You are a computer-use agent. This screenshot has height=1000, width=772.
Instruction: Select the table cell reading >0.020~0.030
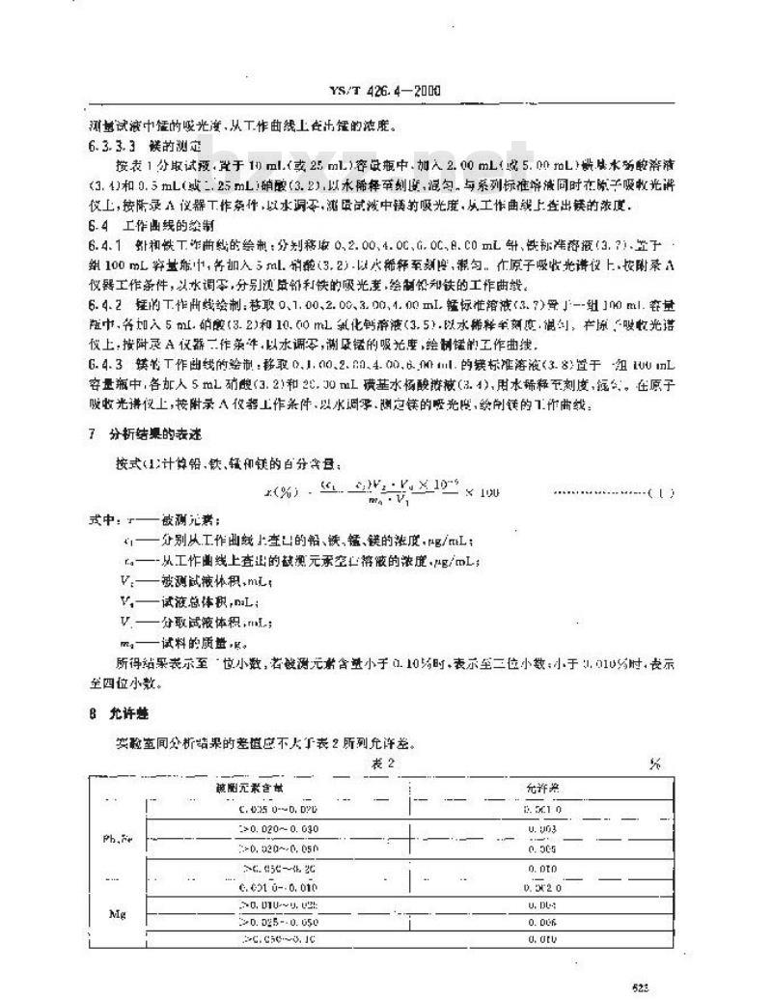276,829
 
